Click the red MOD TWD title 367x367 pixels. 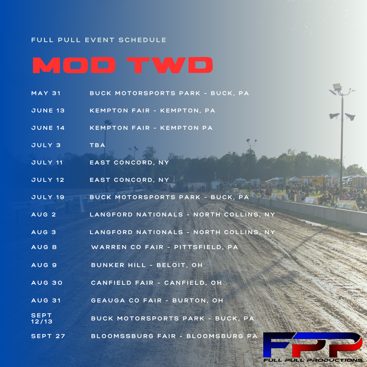(x=123, y=65)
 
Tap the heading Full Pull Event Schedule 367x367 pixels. (x=99, y=40)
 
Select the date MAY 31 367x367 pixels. (x=46, y=93)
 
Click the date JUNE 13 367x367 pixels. (x=48, y=110)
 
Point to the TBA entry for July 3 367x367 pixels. (x=98, y=145)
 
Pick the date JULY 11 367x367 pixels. (x=47, y=162)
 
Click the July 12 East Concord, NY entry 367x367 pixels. (x=129, y=180)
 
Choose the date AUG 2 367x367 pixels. (x=43, y=214)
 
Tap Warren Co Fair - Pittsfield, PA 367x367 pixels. (x=164, y=247)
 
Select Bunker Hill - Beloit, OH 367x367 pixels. (x=147, y=265)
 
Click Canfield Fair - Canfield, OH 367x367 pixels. (x=156, y=283)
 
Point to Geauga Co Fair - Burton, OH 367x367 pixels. (x=157, y=300)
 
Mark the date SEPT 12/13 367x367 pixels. (x=42, y=318)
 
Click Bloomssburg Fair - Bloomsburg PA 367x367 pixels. (x=174, y=336)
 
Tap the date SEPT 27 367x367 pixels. (x=48, y=336)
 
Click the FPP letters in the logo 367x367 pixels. (x=313, y=344)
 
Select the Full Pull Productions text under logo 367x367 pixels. (x=313, y=360)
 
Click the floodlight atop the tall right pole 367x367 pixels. (x=337, y=87)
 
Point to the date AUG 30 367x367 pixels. (x=47, y=283)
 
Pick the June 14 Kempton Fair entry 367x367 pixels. (x=151, y=128)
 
